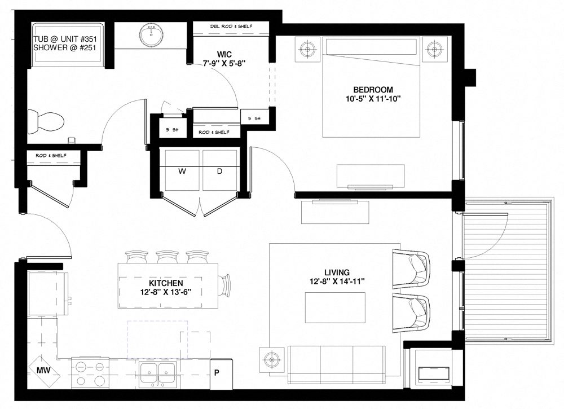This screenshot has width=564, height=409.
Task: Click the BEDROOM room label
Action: click(x=372, y=90)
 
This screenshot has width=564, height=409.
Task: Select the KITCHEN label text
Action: click(x=165, y=282)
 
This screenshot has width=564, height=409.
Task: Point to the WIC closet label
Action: click(x=224, y=54)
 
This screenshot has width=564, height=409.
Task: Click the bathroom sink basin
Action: click(x=151, y=36)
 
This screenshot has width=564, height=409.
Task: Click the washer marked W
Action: click(x=182, y=171)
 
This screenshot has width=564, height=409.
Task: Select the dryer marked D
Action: click(x=220, y=171)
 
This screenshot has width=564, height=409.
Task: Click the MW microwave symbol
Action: click(x=42, y=370)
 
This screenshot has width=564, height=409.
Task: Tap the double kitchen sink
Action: click(x=158, y=373)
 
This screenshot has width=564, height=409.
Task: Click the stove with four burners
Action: click(x=90, y=373)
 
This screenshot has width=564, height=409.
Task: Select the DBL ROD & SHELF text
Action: click(x=231, y=27)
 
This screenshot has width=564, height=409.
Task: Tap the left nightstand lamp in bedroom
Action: click(x=308, y=49)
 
